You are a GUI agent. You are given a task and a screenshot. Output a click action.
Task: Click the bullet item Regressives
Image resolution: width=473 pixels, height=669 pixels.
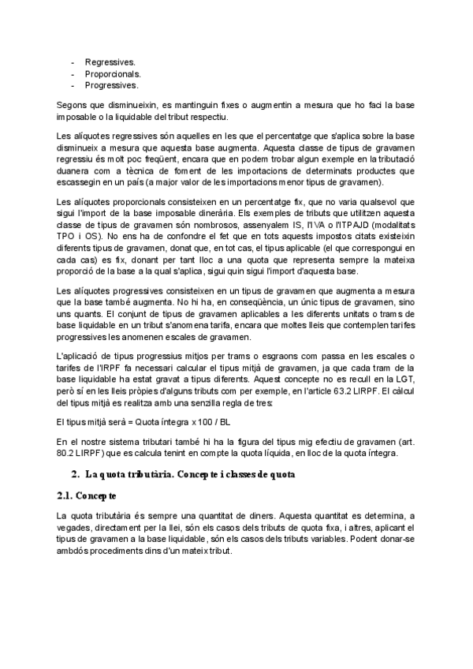point(110,61)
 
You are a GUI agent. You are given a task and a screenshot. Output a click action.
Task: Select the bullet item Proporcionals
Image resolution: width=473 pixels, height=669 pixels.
point(114,73)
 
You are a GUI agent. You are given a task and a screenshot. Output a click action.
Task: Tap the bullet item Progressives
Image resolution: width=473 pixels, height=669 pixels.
point(112,84)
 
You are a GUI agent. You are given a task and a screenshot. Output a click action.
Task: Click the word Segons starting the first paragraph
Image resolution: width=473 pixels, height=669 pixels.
point(73,105)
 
